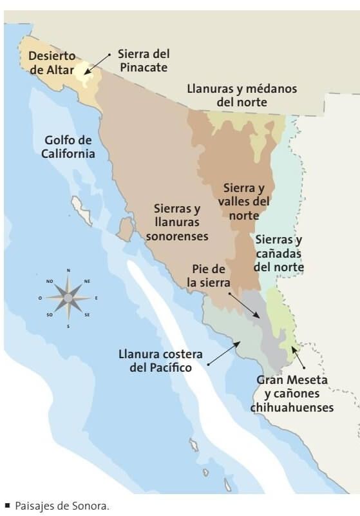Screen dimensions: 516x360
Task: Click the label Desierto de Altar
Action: [52, 62]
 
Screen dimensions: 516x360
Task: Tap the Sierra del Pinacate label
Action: [142, 61]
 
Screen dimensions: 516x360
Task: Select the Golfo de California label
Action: [68, 147]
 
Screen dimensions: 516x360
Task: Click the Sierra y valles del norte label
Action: [244, 201]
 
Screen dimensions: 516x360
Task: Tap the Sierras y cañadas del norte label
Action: [278, 253]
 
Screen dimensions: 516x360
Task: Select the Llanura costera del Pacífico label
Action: [160, 361]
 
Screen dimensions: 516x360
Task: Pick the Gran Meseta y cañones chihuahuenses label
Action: [292, 394]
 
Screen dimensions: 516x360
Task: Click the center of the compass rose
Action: [68, 298]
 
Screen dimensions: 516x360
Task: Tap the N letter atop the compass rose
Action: [68, 270]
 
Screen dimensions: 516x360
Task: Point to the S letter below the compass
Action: [68, 326]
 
